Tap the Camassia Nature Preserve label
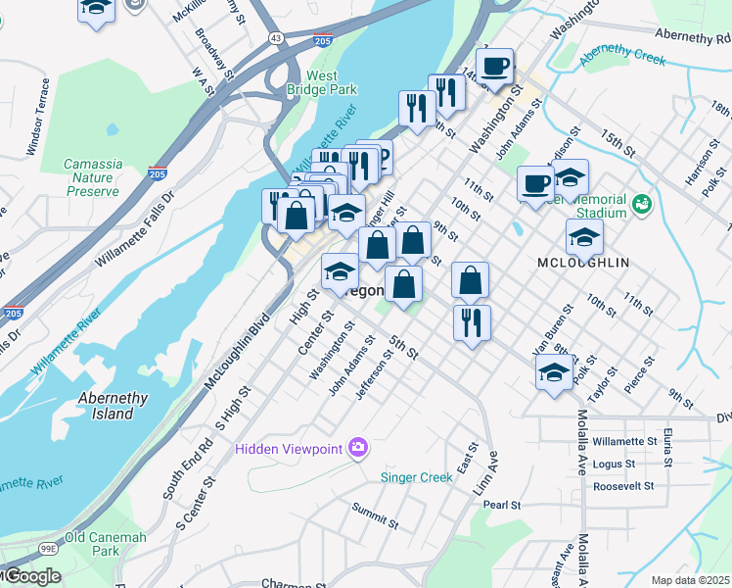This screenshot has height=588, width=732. pos(93,177)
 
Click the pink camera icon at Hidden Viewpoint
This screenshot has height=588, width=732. pos(358,448)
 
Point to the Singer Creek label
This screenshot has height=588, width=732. pos(416,477)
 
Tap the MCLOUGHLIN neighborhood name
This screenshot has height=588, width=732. pos(583,263)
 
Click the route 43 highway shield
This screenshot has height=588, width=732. pos(277,38)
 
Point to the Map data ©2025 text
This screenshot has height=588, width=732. pos(691,580)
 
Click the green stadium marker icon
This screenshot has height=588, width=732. pos(642,204)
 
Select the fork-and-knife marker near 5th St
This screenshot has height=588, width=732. pos(472,322)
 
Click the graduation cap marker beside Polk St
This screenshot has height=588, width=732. pos(554,372)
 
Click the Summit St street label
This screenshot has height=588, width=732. pos(376,516)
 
